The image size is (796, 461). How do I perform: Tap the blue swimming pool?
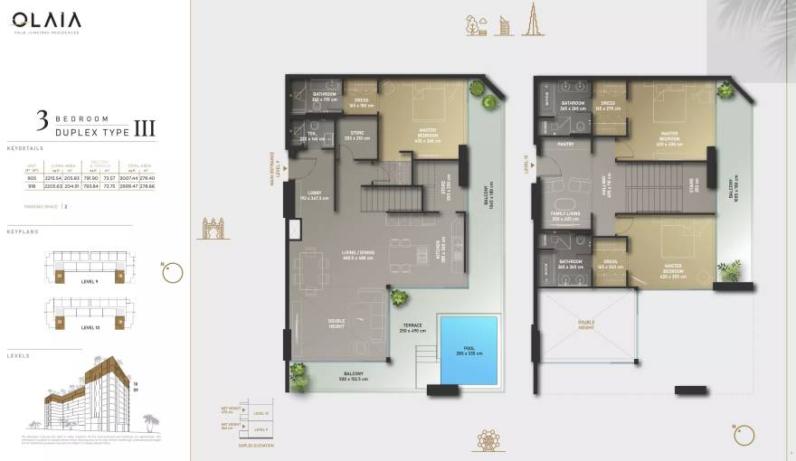point(469,349)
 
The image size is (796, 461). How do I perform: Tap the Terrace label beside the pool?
point(412,328)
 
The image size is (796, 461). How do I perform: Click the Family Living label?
point(566,216)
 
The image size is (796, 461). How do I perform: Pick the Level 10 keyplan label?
point(90,327)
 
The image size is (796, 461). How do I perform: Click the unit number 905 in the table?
point(32,178)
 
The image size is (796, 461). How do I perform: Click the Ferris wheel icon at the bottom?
point(488,440)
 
